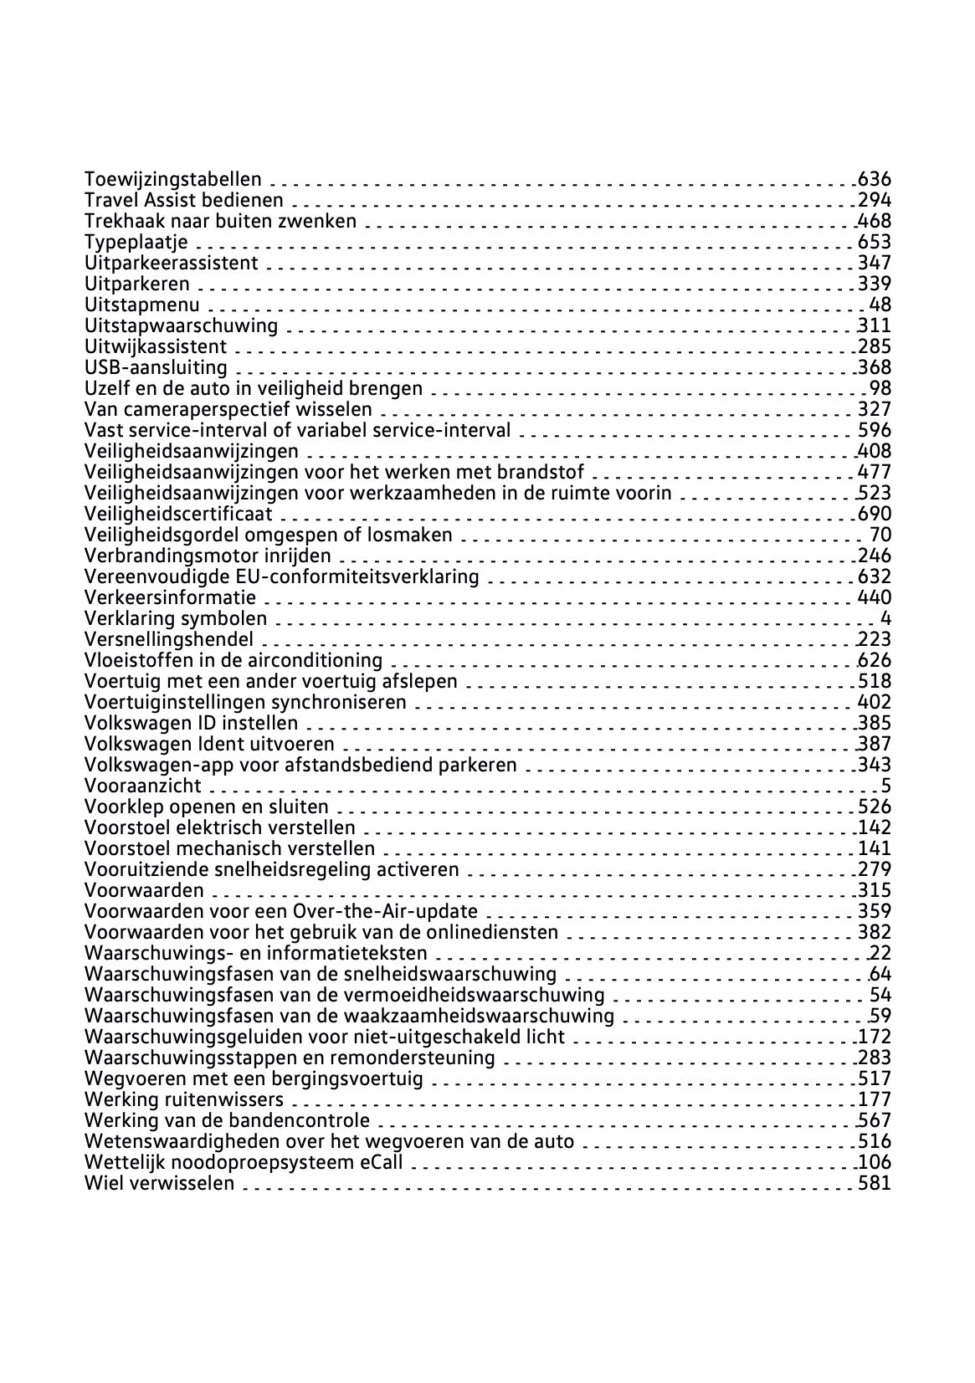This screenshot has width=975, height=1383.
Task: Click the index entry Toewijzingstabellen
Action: [172, 179]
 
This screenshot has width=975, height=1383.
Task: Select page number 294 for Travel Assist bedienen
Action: [875, 200]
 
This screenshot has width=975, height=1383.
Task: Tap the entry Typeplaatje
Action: [136, 243]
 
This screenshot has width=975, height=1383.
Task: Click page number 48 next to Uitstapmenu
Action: [880, 305]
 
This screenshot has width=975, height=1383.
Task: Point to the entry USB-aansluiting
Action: [156, 367]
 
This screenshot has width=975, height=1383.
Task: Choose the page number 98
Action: [880, 388]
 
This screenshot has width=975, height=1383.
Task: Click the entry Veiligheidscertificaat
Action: [179, 514]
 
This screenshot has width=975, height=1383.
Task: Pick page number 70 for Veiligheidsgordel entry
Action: [880, 535]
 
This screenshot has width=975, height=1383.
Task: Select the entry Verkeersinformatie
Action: [171, 597]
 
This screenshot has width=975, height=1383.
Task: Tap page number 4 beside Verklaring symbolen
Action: [885, 618]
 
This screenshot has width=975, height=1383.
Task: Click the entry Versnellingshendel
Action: [169, 640]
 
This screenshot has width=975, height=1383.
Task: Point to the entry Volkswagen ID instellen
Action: [191, 723]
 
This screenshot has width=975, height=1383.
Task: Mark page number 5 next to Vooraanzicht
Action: [885, 786]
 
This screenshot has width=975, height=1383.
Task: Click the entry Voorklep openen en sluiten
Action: [207, 807]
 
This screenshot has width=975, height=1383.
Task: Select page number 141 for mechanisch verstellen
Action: [875, 848]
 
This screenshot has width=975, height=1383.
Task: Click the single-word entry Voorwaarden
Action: [144, 890]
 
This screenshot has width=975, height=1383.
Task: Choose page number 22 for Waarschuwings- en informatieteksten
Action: [880, 953]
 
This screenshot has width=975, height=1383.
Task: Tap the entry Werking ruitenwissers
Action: [184, 1099]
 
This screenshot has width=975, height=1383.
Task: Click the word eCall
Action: [382, 1162]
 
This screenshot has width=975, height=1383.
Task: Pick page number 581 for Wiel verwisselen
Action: [875, 1183]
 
